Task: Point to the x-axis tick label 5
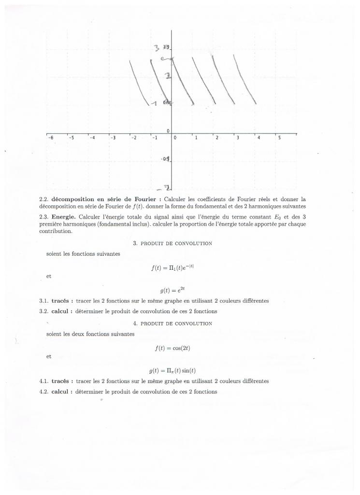(x=279, y=138)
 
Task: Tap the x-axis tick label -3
(x=113, y=138)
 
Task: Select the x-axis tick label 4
(x=259, y=138)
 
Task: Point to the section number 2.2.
(x=44, y=199)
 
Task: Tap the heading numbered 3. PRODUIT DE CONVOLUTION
(x=173, y=243)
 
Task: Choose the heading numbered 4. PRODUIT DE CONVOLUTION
(x=173, y=323)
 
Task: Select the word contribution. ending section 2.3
(x=56, y=231)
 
